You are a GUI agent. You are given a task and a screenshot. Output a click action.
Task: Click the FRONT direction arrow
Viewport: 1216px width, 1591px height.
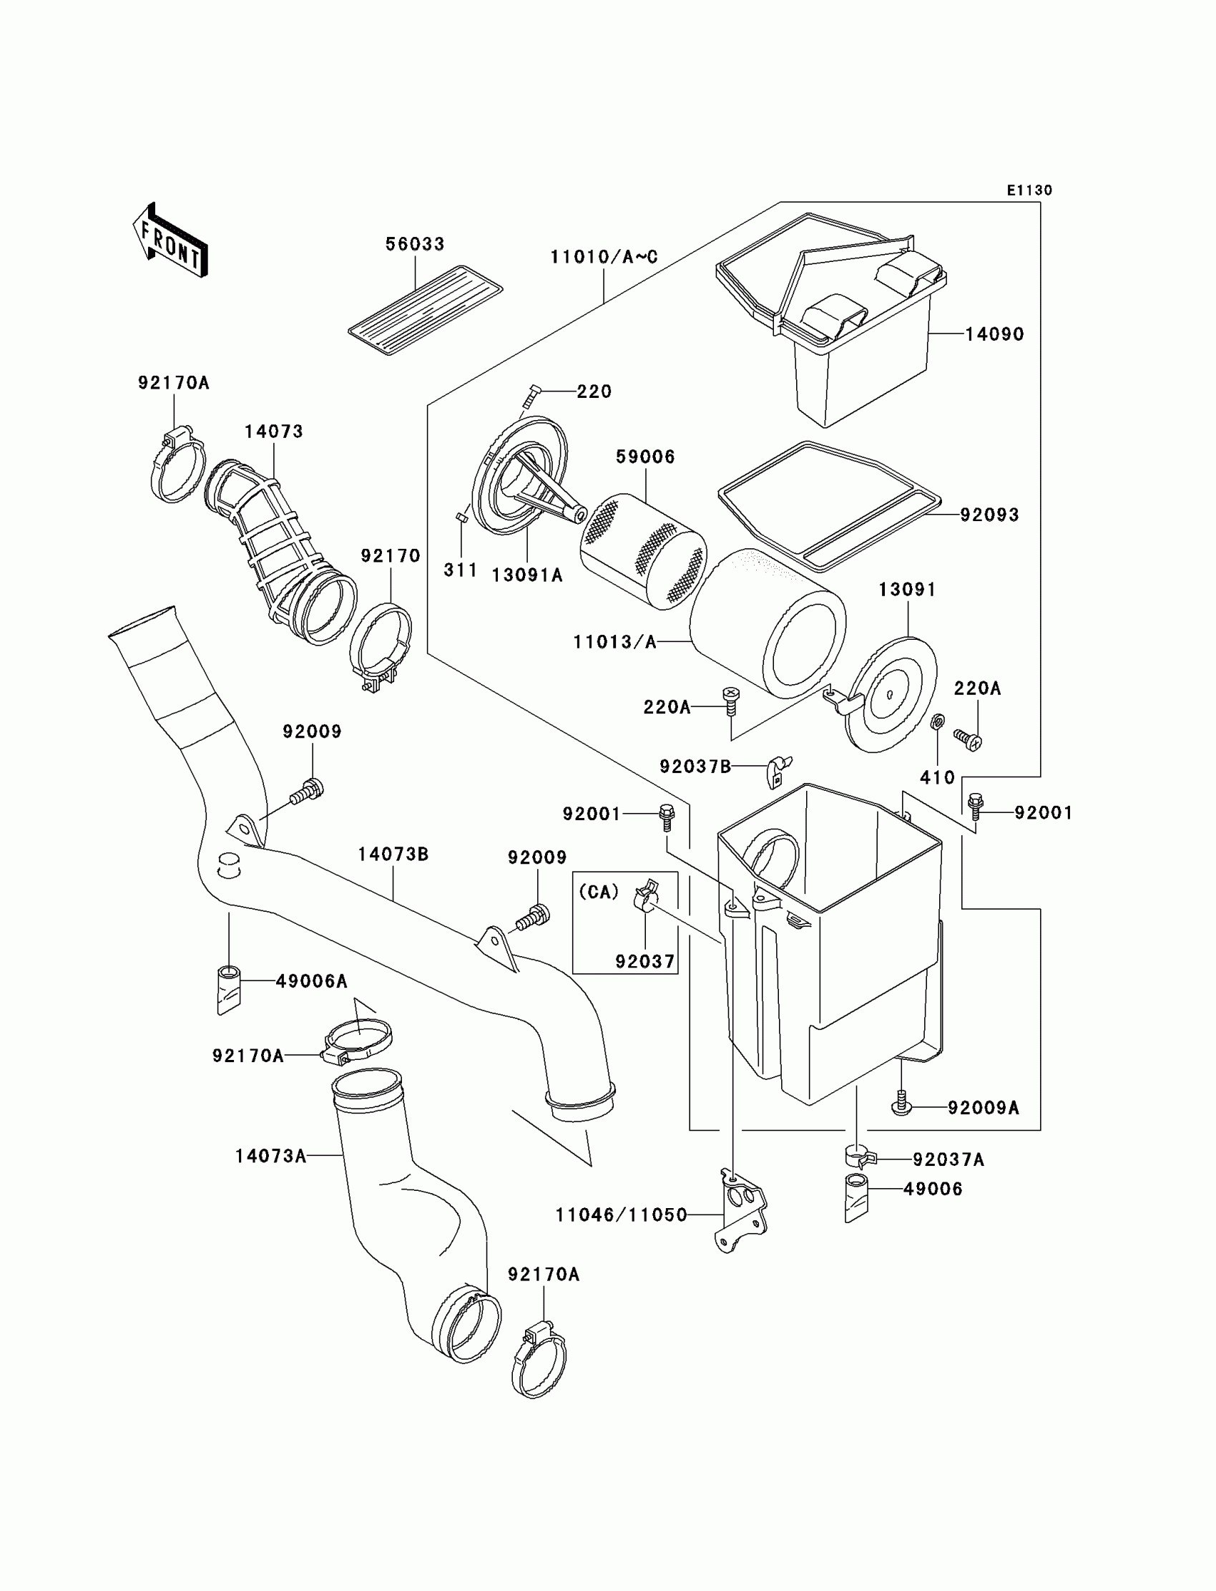point(170,241)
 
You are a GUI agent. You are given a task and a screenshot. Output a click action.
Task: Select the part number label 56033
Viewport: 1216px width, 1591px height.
point(415,244)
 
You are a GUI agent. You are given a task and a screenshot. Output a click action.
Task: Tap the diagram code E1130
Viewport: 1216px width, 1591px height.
point(1030,190)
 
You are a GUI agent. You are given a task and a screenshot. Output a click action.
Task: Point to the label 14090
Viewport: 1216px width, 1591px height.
point(994,334)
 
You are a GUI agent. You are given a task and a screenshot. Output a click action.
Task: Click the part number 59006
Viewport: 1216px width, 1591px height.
point(645,457)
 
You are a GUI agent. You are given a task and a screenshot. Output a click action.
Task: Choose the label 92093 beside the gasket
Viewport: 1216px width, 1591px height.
point(989,515)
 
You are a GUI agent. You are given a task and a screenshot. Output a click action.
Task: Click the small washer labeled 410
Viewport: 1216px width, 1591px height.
point(936,721)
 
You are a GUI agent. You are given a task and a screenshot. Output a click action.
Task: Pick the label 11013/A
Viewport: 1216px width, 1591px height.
point(614,642)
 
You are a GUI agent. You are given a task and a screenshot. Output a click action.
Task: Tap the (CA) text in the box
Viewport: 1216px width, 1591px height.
point(599,892)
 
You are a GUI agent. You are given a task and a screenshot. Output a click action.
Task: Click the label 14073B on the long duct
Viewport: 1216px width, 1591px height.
point(393,855)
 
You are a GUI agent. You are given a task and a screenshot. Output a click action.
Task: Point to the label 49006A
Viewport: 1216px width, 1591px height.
point(312,981)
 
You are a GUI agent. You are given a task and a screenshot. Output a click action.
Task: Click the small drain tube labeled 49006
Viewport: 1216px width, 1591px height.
point(856,1200)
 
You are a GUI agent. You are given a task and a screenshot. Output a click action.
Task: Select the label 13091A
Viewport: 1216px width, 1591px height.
point(527,575)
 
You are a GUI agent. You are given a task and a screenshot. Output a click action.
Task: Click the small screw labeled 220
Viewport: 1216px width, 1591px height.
point(531,396)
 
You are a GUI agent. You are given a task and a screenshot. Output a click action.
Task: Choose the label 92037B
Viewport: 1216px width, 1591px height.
point(695,767)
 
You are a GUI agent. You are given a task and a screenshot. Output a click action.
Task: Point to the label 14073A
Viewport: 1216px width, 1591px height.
point(270,1156)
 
